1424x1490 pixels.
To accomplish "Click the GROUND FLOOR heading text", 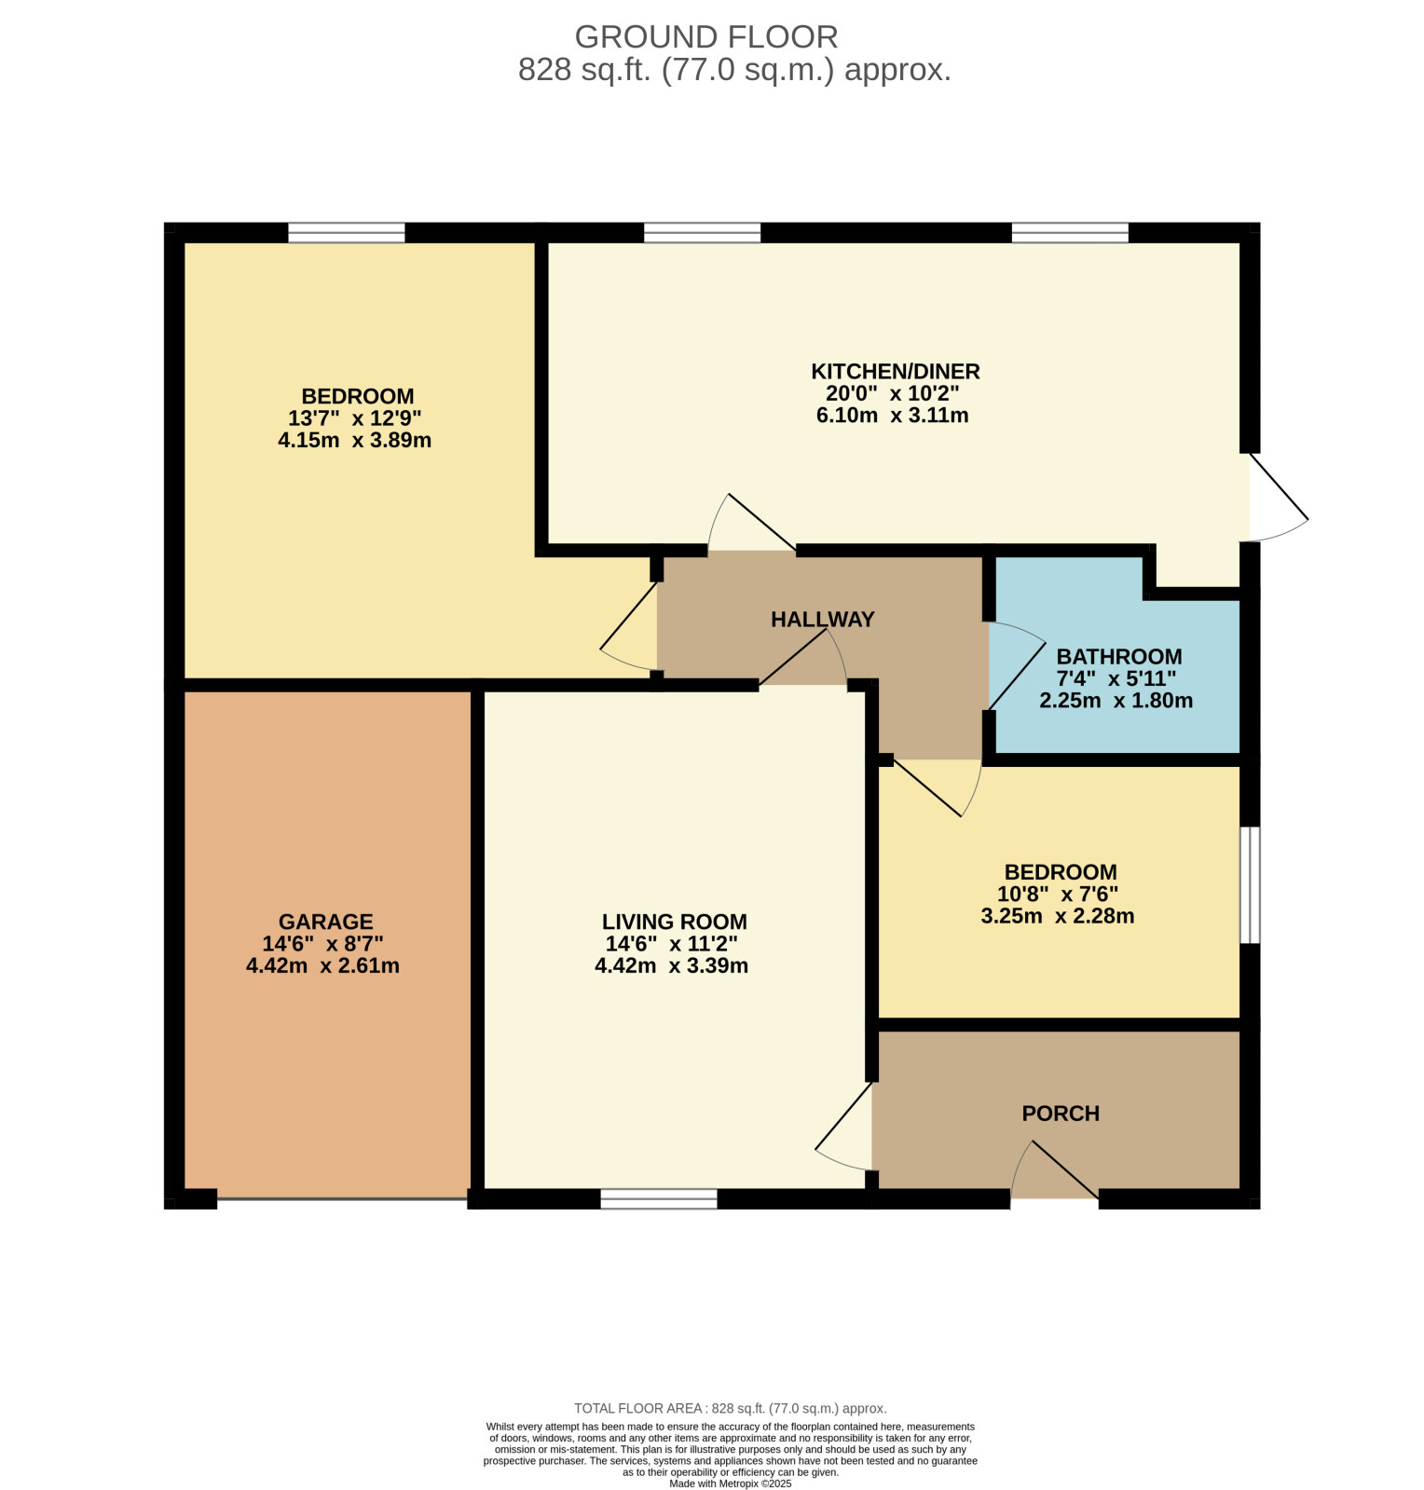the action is coord(705,36).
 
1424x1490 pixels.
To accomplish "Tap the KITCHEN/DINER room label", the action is coord(895,372).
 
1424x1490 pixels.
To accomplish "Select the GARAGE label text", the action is coord(325,922).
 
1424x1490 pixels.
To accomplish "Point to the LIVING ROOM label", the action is coord(674,922).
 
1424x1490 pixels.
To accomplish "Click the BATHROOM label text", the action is coord(1118,656).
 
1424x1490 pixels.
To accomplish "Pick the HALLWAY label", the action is coord(822,619).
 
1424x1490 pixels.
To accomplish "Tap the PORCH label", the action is coord(1061,1114).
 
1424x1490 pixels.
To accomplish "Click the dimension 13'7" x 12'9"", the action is coord(354,417).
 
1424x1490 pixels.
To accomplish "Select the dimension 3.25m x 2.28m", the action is coord(1058,916).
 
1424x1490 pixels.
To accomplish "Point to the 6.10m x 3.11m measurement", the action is coord(892,416).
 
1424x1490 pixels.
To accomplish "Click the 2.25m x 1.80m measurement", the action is coord(1116,701).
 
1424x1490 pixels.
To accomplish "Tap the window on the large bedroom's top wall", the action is coord(347,232).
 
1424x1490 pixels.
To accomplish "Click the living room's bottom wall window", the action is coord(659,1199).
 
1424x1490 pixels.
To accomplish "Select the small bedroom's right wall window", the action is coord(1250,885).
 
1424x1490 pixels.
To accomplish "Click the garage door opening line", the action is coord(342,1199).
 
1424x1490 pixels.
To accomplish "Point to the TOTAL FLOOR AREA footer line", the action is coord(730,1408).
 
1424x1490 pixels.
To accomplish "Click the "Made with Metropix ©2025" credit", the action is coord(730,1483).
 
